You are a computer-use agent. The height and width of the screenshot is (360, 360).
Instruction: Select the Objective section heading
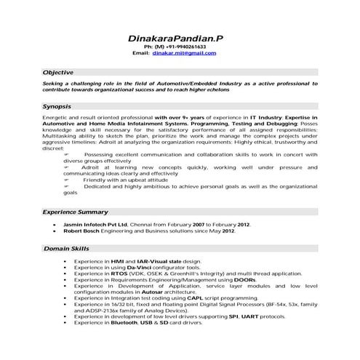click(x=58, y=73)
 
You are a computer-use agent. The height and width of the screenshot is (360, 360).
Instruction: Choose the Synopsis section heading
click(x=57, y=107)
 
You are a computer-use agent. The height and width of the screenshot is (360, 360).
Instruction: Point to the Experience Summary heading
click(x=75, y=212)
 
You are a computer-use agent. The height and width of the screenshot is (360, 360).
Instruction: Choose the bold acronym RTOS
click(x=118, y=273)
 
